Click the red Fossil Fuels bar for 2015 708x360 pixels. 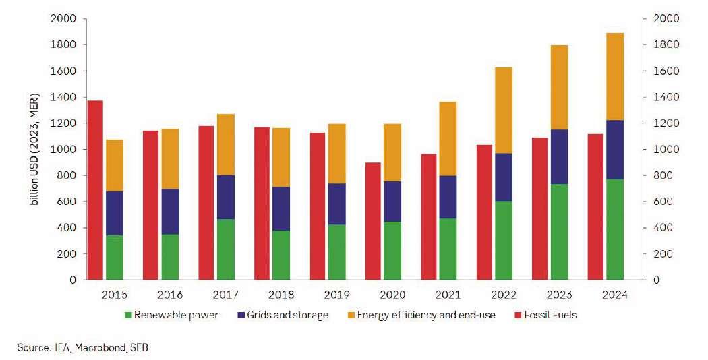[x=96, y=189]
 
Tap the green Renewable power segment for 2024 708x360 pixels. [x=614, y=229]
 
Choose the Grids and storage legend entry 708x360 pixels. [x=287, y=315]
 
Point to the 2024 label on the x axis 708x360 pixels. [x=614, y=295]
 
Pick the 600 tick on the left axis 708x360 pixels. [x=66, y=202]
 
